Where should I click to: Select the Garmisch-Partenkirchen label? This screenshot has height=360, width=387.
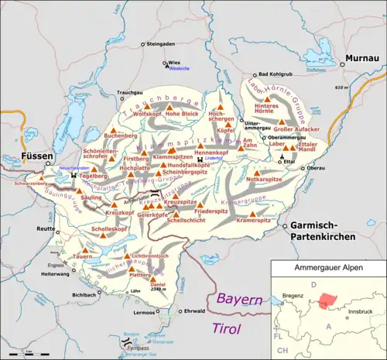coord(329,230)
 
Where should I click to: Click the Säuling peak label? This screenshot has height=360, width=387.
coord(91,198)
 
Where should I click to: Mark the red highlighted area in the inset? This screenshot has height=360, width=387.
coord(330,300)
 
